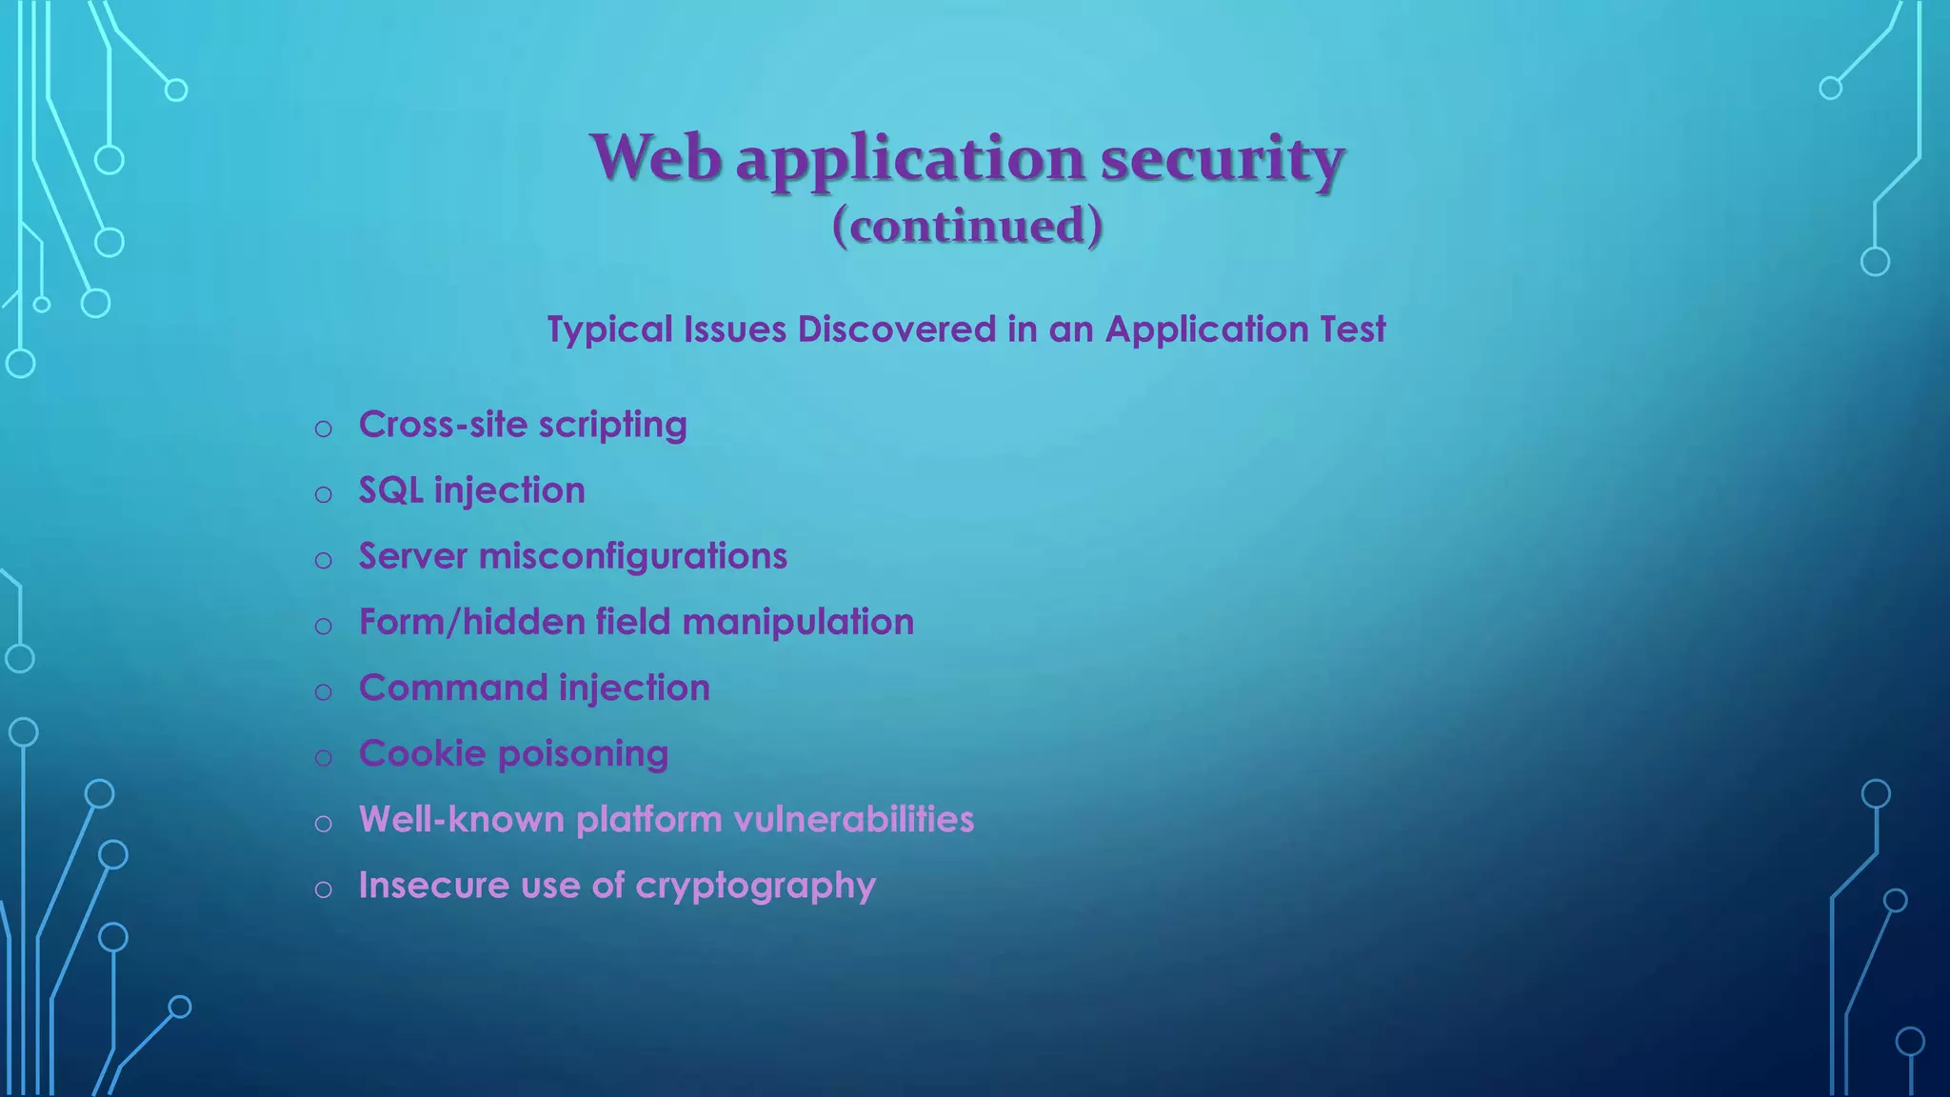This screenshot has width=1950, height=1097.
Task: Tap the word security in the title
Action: click(1223, 158)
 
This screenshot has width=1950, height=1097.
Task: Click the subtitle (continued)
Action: click(967, 226)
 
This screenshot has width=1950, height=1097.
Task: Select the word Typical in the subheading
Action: click(609, 329)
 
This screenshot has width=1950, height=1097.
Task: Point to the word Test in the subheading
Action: click(1352, 329)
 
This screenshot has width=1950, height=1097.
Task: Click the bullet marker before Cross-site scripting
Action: click(324, 429)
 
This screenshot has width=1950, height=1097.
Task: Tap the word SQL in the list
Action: click(390, 491)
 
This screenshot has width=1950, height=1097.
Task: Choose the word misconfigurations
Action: click(633, 557)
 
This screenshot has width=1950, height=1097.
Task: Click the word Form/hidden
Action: click(471, 623)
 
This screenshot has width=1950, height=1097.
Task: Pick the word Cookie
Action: click(422, 754)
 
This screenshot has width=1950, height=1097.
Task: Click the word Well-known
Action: click(462, 820)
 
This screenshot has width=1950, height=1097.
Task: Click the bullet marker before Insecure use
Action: click(324, 889)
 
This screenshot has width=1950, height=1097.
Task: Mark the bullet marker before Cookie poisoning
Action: click(324, 758)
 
